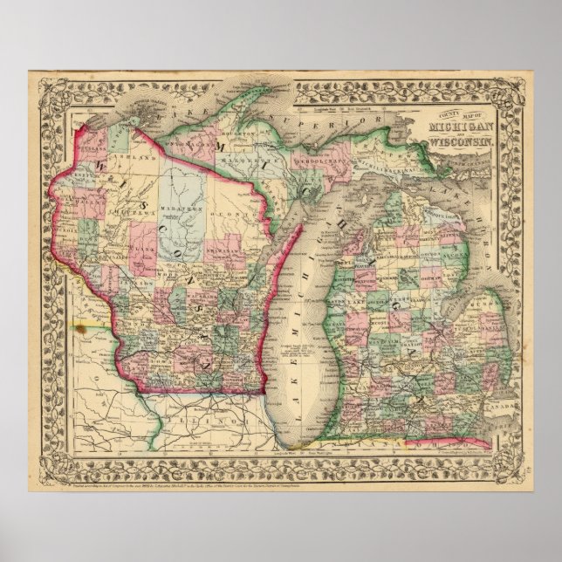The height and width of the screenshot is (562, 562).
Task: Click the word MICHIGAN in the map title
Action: tap(459, 127)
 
